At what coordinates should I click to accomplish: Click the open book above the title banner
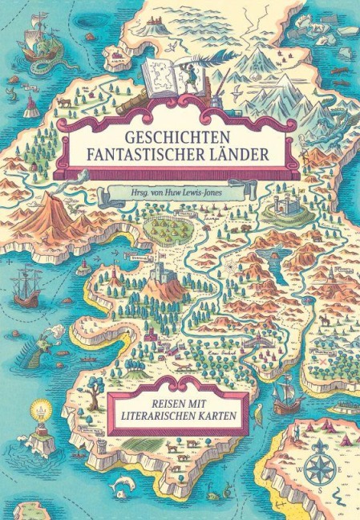pos(167,78)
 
